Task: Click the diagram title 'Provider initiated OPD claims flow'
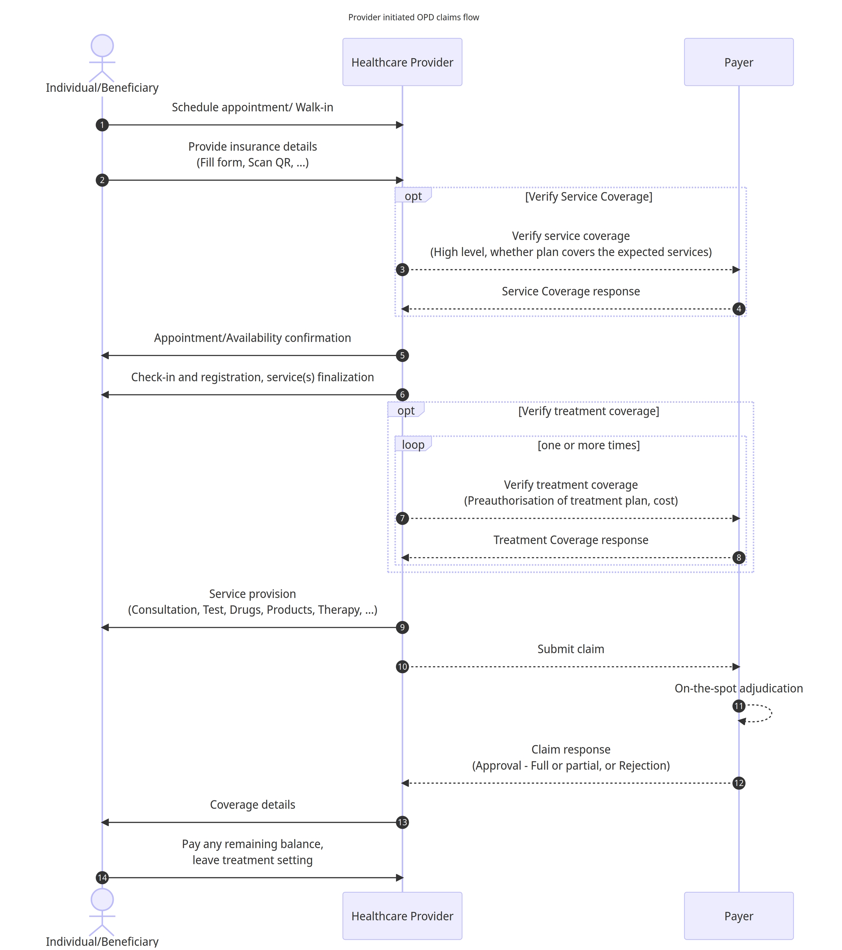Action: coord(413,17)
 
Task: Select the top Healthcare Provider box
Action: coord(402,62)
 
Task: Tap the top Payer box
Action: coord(739,62)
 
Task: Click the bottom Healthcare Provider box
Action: coord(402,916)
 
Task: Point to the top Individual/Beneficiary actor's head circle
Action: coord(102,46)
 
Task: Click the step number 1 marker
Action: coord(102,125)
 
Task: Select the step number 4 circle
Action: coord(739,309)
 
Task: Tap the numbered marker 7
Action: coord(402,518)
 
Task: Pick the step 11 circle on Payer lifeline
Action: coord(739,706)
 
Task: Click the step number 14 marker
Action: coord(102,878)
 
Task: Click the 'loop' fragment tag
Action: coord(413,444)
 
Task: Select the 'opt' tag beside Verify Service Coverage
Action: coord(413,196)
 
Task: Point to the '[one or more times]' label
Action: coord(588,445)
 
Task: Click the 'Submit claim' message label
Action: coord(571,649)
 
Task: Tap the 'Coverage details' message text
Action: coord(252,804)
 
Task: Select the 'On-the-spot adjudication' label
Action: coord(739,688)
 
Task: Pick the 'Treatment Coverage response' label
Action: coord(571,540)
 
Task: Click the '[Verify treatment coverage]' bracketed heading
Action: coord(588,411)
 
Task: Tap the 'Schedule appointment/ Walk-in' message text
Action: coord(252,107)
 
